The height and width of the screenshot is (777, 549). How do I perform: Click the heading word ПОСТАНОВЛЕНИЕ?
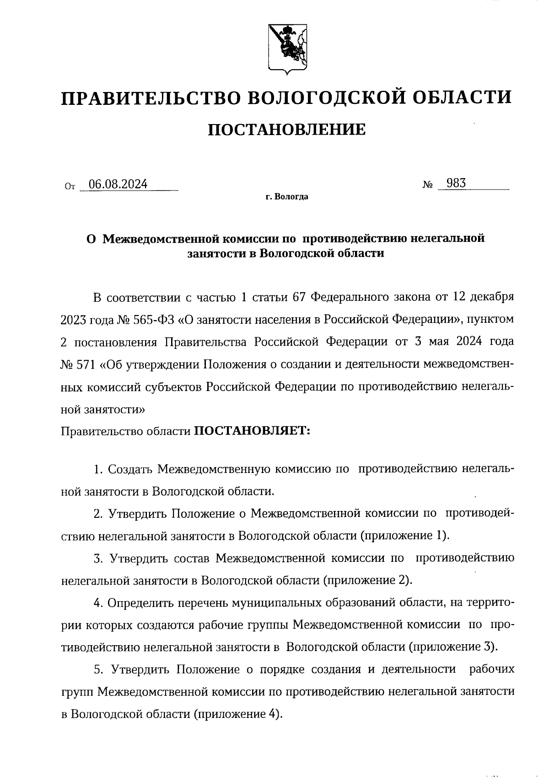click(x=287, y=130)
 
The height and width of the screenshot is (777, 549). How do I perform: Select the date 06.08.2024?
click(x=118, y=185)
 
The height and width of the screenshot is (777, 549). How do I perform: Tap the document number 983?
click(x=456, y=184)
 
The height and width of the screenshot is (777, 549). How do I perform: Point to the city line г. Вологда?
click(x=286, y=197)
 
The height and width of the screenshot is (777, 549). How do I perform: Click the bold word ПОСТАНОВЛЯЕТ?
click(x=253, y=431)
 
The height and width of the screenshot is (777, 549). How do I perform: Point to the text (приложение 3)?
click(x=452, y=647)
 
